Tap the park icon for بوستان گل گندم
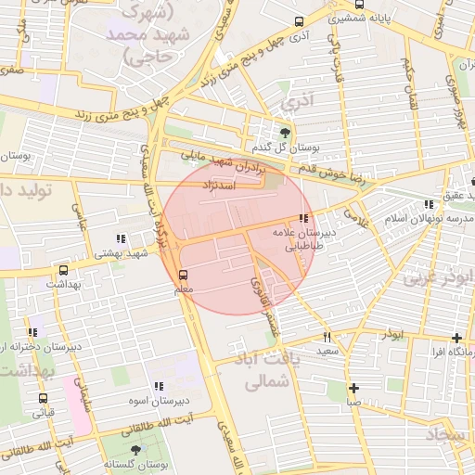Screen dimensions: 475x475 pyautogui.click(x=284, y=133)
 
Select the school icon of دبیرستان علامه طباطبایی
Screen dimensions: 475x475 pyautogui.click(x=304, y=219)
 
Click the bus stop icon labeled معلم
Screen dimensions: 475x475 pyautogui.click(x=183, y=275)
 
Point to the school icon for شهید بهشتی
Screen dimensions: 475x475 pyautogui.click(x=121, y=238)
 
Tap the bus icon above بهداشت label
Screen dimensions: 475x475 pyautogui.click(x=62, y=271)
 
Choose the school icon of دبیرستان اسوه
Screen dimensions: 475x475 pyautogui.click(x=159, y=386)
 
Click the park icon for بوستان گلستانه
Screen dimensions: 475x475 pyautogui.click(x=136, y=450)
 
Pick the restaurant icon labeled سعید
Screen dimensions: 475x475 pyautogui.click(x=327, y=338)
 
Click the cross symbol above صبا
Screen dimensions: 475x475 pyautogui.click(x=353, y=388)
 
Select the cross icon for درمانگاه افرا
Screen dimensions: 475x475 pyautogui.click(x=456, y=339)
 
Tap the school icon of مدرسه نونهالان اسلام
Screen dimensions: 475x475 pyautogui.click(x=428, y=204)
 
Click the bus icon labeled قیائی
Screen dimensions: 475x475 pyautogui.click(x=43, y=398)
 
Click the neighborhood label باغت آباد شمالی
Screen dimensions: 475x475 pyautogui.click(x=264, y=369)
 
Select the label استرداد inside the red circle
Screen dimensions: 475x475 pyautogui.click(x=222, y=186)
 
